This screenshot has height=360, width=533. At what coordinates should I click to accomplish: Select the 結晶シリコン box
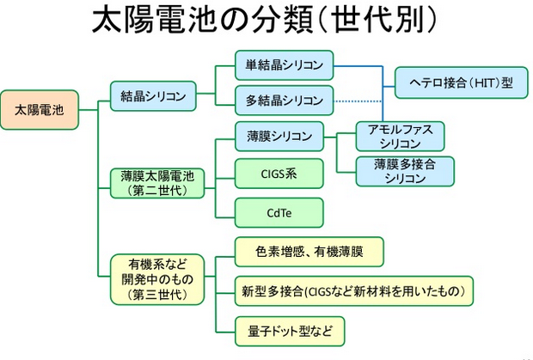point(152,95)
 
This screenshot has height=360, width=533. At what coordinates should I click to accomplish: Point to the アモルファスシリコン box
point(406,136)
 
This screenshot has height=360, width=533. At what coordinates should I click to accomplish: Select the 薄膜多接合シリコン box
point(406,171)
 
